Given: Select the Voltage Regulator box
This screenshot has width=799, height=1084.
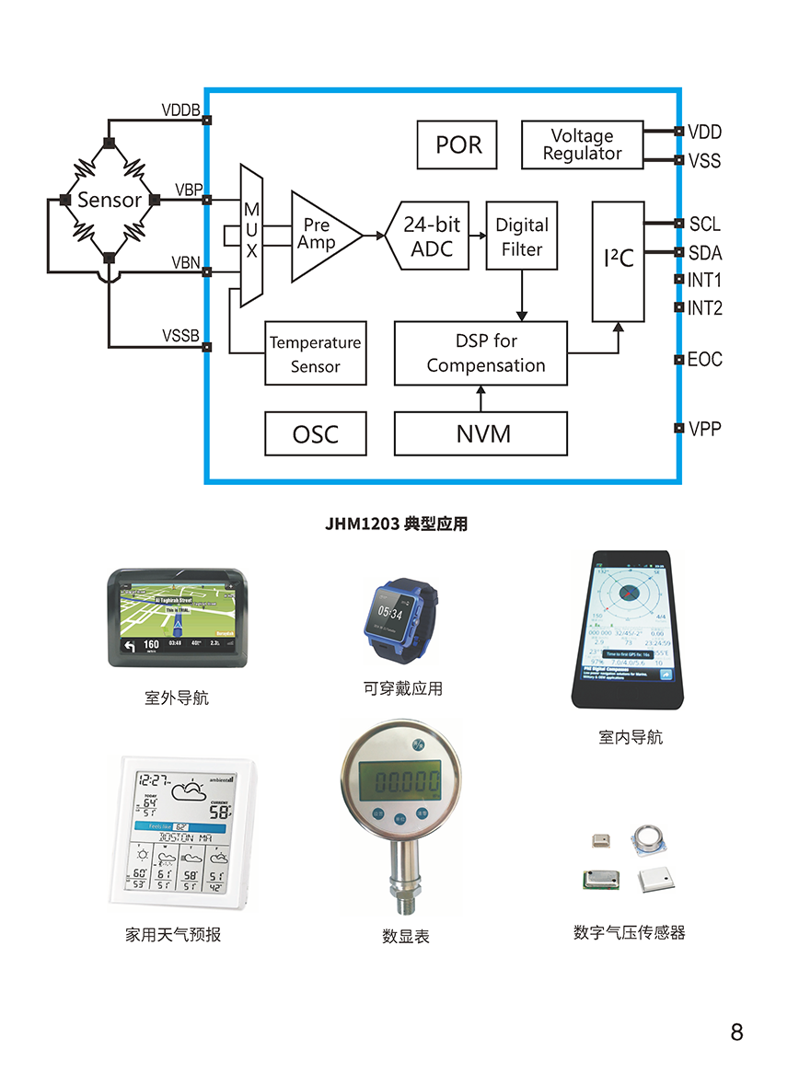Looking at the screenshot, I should (x=582, y=144).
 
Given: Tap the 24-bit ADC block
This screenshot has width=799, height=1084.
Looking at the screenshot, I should (x=431, y=236).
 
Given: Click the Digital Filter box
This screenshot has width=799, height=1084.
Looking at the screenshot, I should (x=522, y=236).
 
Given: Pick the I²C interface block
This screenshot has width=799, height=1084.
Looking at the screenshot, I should (x=619, y=260).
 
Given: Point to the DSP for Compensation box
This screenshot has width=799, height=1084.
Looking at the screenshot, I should (x=481, y=353).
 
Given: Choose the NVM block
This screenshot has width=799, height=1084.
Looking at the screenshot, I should (x=481, y=433).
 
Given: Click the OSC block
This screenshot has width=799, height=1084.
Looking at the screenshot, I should (x=315, y=433).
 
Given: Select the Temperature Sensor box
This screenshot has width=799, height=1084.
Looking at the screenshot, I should (x=315, y=353).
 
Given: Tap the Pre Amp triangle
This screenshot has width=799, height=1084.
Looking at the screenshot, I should (x=319, y=236).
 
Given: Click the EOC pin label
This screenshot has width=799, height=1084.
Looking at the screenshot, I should (x=705, y=359).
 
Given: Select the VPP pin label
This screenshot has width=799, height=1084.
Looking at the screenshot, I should (x=705, y=428).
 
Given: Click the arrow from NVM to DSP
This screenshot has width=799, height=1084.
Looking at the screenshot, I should (x=481, y=398).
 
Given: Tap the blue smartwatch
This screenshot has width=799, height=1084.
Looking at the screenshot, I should (x=393, y=618).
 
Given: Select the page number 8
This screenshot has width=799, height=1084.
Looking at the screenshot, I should (x=736, y=1032).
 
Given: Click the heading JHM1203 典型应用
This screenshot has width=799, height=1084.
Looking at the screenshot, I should (x=396, y=525).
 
